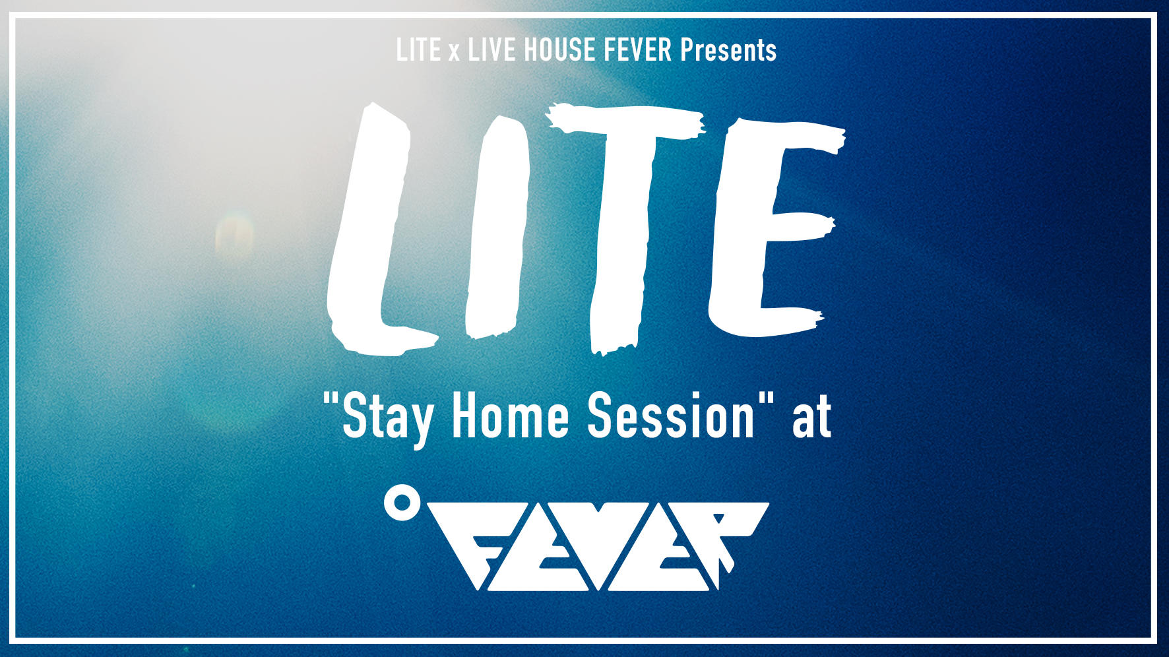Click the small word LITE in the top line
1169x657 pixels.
(x=418, y=50)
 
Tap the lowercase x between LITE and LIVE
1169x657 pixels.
(x=454, y=53)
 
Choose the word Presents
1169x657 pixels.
(x=728, y=50)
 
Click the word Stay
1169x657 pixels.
(x=388, y=417)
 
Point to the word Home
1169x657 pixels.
(x=510, y=416)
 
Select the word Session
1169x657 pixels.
(x=671, y=416)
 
